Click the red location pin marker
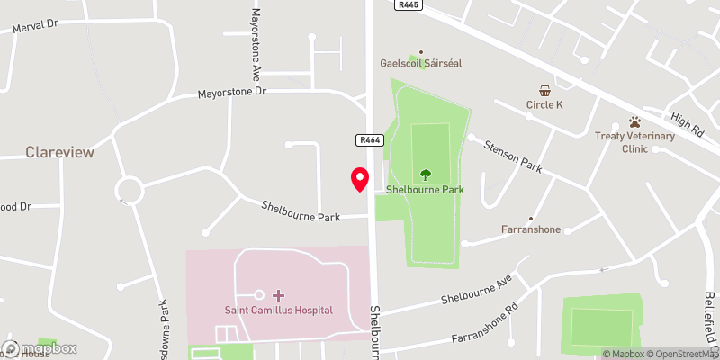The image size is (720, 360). (x=359, y=179)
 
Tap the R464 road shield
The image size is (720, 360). (x=369, y=139)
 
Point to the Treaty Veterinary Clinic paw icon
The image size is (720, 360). (x=634, y=121)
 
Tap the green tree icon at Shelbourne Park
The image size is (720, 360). (x=425, y=175)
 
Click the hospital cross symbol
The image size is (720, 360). (x=278, y=295)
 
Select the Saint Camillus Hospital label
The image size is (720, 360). (x=278, y=310)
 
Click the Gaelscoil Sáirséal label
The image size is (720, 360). (x=421, y=65)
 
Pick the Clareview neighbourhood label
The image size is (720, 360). (x=59, y=152)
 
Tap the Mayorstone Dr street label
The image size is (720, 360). (x=233, y=92)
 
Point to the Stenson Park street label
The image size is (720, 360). (x=513, y=155)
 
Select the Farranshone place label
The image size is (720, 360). (x=531, y=229)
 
